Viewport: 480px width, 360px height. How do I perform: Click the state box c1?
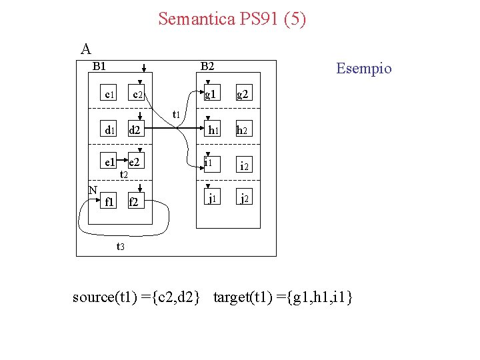[109, 95]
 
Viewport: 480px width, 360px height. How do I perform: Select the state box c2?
[138, 95]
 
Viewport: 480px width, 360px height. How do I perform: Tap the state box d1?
[109, 130]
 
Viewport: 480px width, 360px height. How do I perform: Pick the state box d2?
[135, 130]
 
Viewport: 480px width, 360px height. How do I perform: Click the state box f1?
[109, 201]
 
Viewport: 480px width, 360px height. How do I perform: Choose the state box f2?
[134, 201]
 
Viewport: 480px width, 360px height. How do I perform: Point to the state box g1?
[211, 95]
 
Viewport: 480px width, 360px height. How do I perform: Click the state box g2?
[243, 95]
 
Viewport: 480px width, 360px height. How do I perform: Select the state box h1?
[213, 130]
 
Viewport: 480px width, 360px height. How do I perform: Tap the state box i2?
[244, 166]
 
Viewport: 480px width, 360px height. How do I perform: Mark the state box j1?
[211, 199]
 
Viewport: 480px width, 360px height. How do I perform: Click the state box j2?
[244, 199]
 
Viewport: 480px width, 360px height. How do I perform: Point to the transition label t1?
[176, 114]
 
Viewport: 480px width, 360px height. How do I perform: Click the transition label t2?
[123, 175]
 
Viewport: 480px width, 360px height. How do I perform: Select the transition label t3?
[121, 247]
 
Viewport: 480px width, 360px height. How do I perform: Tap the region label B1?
[101, 66]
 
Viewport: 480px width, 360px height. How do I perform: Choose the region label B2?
[208, 66]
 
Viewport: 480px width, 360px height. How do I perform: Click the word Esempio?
[364, 69]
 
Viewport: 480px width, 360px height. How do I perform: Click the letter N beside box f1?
[93, 190]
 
